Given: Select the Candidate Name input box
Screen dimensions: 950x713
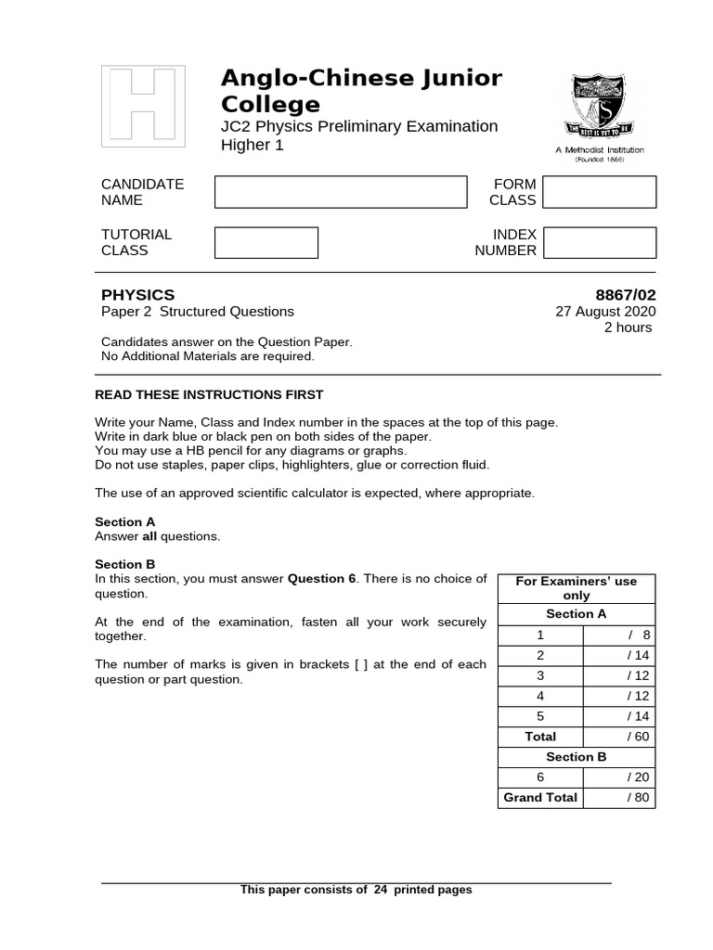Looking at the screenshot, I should point(341,192).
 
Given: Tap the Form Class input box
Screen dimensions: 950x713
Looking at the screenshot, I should point(599,192).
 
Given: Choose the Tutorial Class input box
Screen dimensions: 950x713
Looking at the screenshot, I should point(266,242).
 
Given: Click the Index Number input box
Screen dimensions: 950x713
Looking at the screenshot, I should point(599,242).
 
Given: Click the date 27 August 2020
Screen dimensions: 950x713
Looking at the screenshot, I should point(605,312).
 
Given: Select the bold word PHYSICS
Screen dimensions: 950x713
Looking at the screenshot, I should point(137,295).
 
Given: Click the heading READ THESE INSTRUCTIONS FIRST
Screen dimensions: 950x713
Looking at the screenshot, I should point(209,395).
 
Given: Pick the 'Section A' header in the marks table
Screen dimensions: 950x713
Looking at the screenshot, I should point(576,614).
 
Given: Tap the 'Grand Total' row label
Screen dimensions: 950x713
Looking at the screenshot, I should point(540,798).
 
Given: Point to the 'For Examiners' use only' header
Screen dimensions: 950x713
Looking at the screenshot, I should point(576,588).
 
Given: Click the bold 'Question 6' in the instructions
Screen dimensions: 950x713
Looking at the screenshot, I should point(322,579).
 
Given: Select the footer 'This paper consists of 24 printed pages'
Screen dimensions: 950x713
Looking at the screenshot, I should point(356,890).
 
